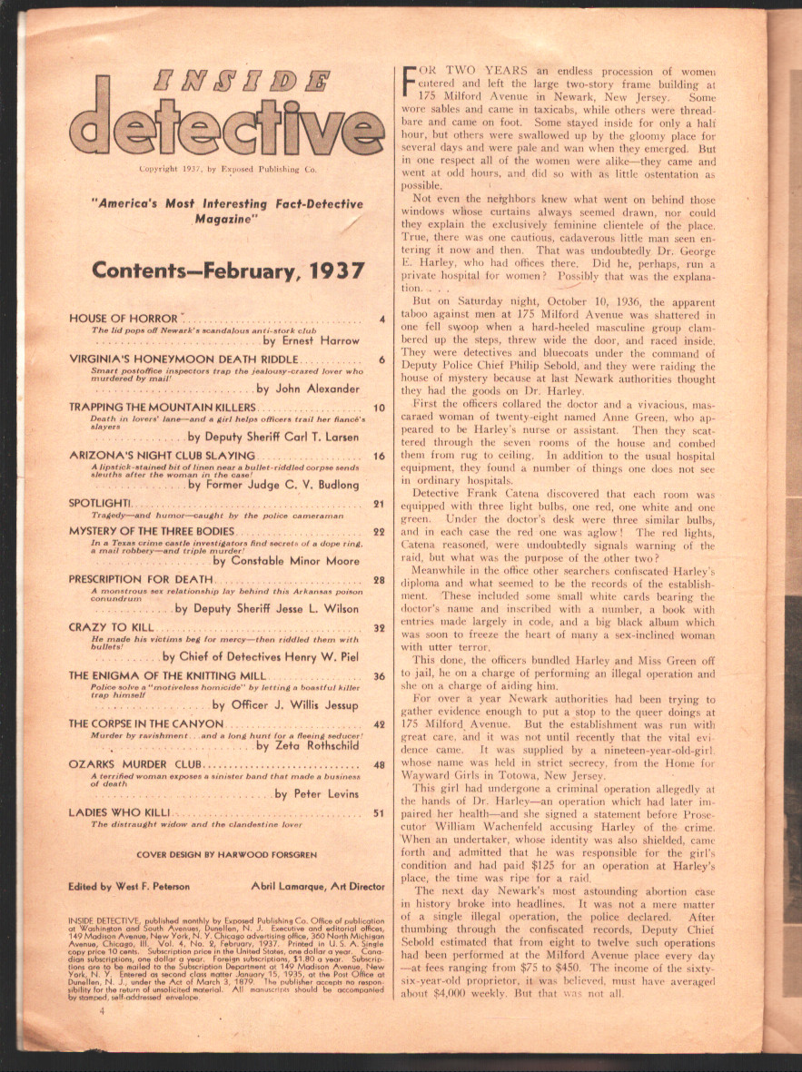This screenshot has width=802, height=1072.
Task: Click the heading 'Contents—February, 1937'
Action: (228, 270)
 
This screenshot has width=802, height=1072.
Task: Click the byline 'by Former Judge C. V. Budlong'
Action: (273, 485)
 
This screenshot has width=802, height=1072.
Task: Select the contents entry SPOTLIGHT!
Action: (101, 503)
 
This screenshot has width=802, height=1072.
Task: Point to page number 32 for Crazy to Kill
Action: (381, 627)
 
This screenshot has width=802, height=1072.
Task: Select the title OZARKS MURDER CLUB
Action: (136, 765)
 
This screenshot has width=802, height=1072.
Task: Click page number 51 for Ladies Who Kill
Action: (381, 813)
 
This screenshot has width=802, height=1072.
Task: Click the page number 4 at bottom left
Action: (103, 1035)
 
